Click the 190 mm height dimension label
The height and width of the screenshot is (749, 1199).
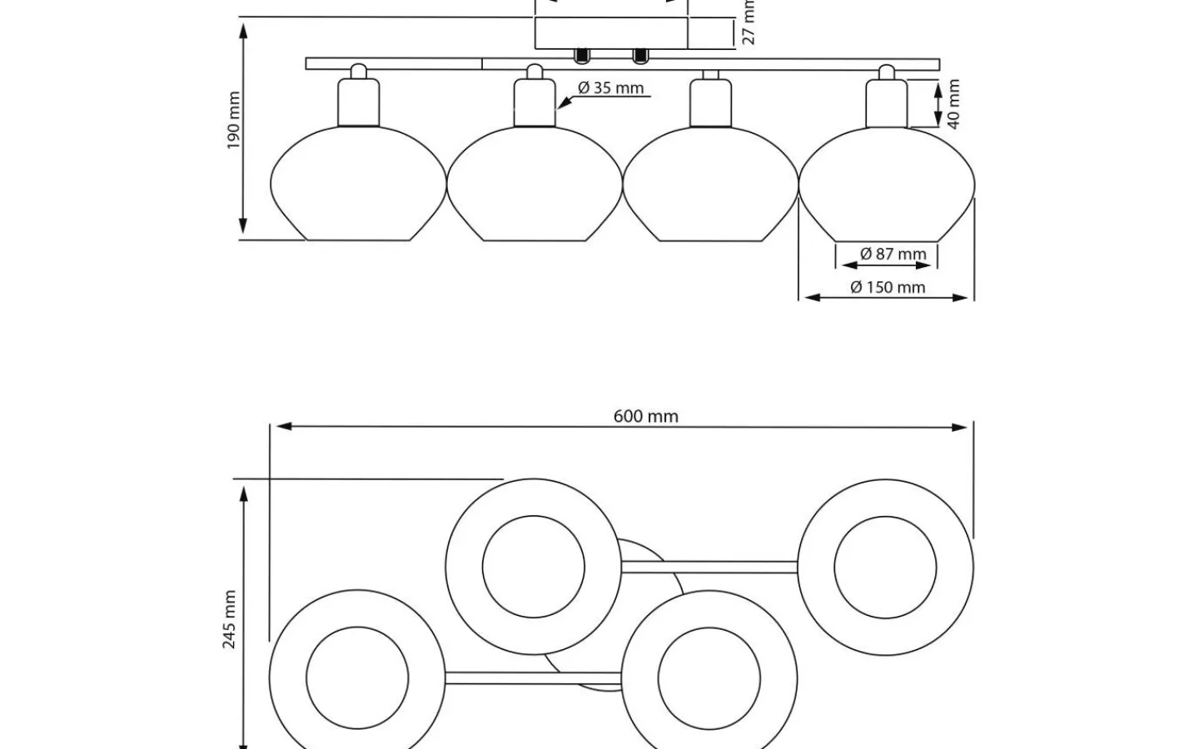234,122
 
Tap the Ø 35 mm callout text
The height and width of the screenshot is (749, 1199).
610,88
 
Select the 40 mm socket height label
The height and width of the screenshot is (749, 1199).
953,104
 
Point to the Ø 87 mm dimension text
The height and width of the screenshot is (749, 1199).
893,254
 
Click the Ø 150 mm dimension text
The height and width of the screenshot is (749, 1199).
888,287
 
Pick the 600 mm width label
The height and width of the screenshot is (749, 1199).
645,416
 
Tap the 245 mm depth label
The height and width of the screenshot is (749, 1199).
230,619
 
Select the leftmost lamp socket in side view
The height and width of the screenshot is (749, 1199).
358,101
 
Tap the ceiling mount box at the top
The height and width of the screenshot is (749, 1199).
610,33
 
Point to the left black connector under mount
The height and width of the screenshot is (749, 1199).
581,56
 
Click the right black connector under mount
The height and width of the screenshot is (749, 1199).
639,56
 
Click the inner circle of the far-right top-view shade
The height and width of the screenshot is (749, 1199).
885,567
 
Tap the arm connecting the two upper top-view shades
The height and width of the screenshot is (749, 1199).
709,567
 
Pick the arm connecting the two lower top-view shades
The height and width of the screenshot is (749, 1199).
533,678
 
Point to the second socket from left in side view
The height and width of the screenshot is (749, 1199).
534,101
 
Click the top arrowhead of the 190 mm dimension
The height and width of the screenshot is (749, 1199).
243,30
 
